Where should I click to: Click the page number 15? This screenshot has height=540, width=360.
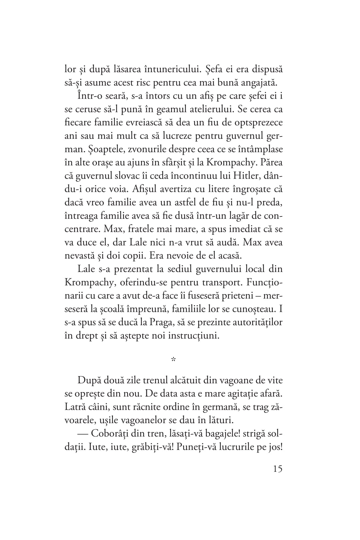point(276,469)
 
